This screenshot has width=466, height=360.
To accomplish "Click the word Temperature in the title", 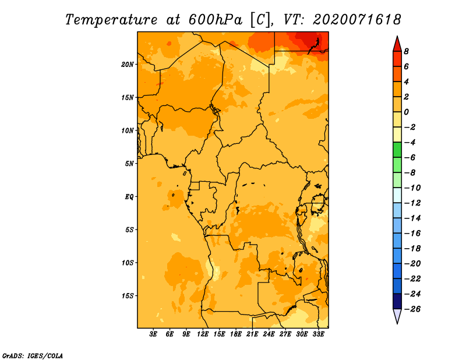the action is tap(111, 20).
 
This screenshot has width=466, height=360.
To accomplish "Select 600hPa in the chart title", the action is tap(215, 20).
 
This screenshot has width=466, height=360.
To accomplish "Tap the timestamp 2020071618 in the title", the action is tap(356, 20).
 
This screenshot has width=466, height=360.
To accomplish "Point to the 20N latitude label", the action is tap(128, 65).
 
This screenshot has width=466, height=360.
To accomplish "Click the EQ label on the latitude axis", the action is tap(129, 197).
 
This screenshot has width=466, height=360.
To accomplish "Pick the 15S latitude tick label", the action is tap(128, 296).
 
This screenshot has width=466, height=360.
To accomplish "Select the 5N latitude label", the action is tap(129, 164).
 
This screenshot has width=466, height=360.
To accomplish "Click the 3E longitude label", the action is tap(153, 334).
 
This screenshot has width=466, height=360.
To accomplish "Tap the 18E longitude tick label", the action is tap(236, 334).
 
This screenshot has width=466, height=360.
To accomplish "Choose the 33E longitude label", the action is tap(318, 334).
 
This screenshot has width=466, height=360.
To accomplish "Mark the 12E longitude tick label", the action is tap(203, 334).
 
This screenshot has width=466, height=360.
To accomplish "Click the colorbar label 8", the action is tap(406, 51).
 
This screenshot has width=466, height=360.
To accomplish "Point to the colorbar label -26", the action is tap(412, 309).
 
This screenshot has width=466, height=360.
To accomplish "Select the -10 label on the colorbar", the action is tap(412, 188).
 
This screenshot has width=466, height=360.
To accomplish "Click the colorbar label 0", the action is tap(406, 112).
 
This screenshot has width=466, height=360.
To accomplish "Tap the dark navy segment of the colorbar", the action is tap(397, 301).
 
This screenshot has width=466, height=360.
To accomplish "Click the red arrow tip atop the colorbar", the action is tap(397, 36).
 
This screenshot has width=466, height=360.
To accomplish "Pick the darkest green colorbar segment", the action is tap(397, 150).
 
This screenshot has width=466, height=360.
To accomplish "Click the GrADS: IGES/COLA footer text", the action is tap(33, 356).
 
